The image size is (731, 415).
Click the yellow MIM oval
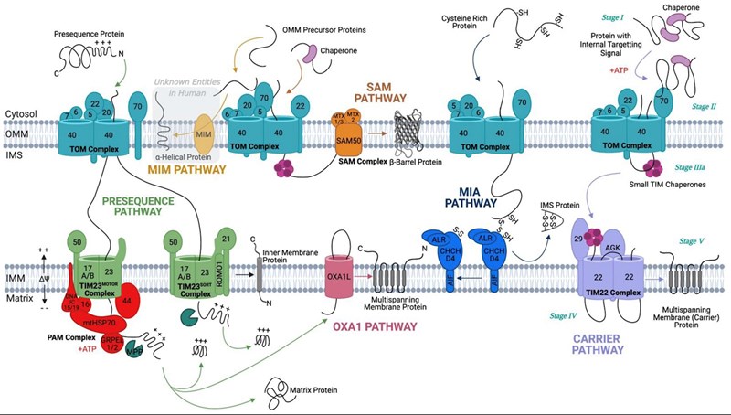(202, 139)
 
